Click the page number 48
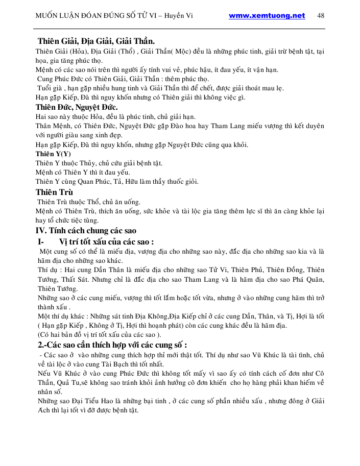321,15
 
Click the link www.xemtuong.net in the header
267,15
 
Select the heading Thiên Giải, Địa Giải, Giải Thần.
97,41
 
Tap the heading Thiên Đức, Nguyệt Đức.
77,107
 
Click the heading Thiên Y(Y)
53,153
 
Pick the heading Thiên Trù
54,192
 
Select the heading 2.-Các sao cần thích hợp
108,345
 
